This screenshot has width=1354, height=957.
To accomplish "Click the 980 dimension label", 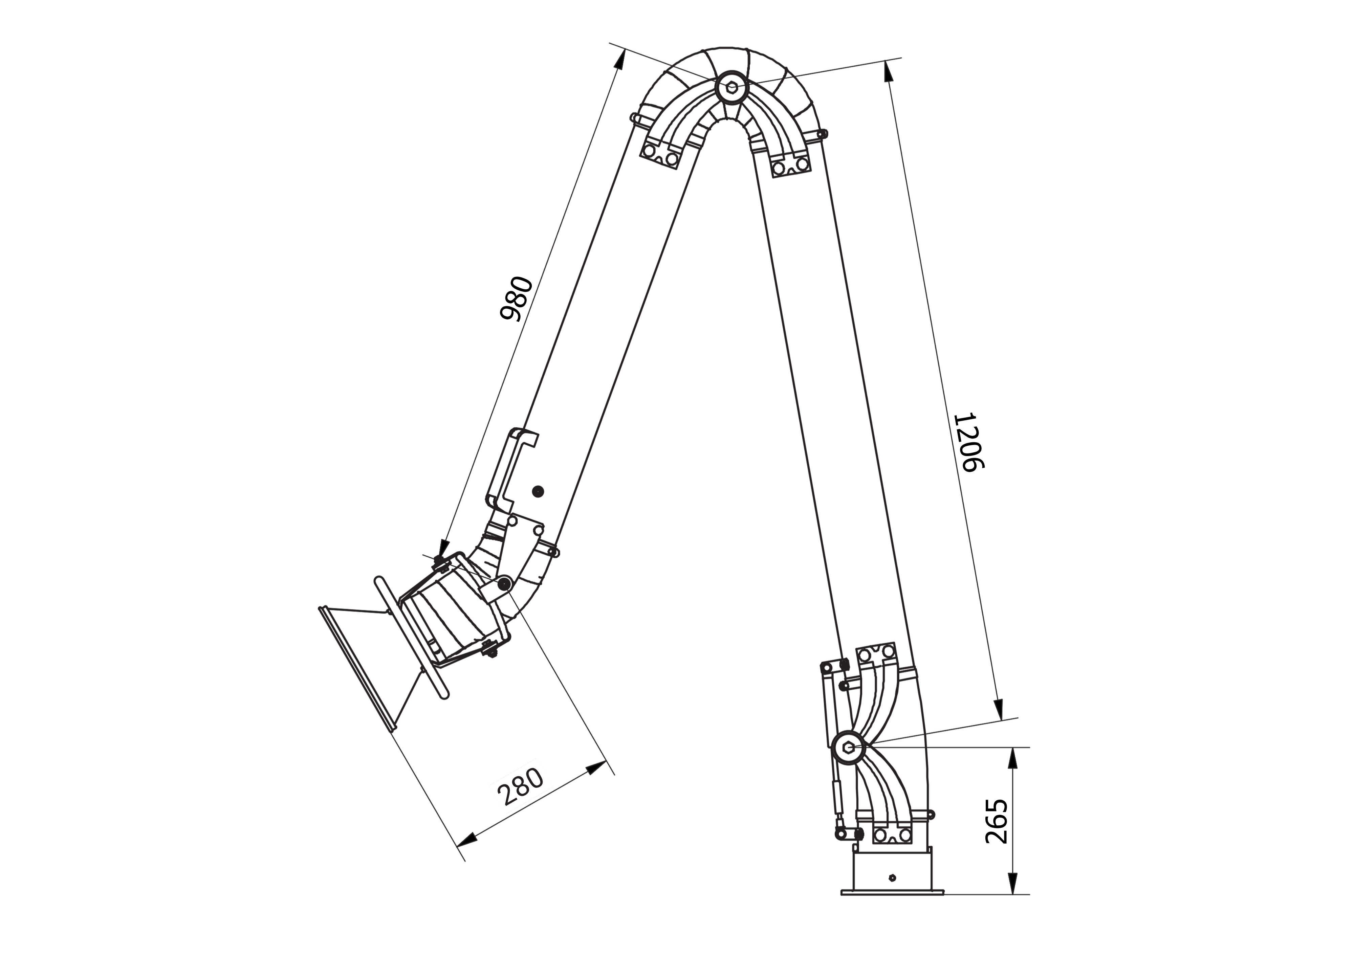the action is pyautogui.click(x=516, y=298).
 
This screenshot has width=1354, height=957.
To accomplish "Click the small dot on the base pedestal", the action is pyautogui.click(x=892, y=894).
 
